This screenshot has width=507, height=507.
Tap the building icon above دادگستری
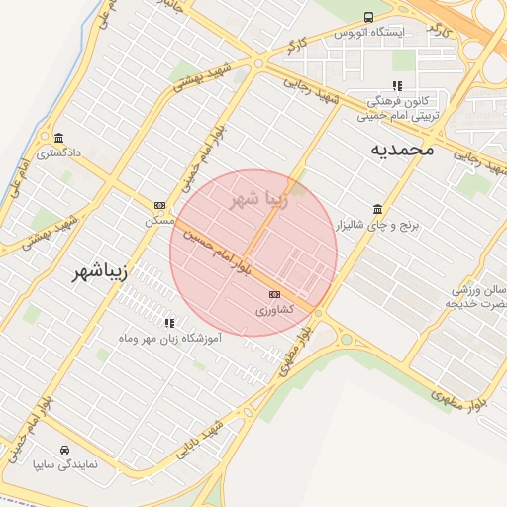[x=58, y=138]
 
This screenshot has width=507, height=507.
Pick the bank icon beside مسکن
[x=159, y=205]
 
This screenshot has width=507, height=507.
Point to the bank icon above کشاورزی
[x=274, y=294]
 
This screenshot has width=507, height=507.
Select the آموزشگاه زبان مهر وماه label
[x=169, y=340]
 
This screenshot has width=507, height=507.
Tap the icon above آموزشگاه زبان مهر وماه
[x=169, y=322]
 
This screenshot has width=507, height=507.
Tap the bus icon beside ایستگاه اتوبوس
[x=368, y=17]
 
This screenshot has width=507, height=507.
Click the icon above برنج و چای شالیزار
[x=377, y=209]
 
